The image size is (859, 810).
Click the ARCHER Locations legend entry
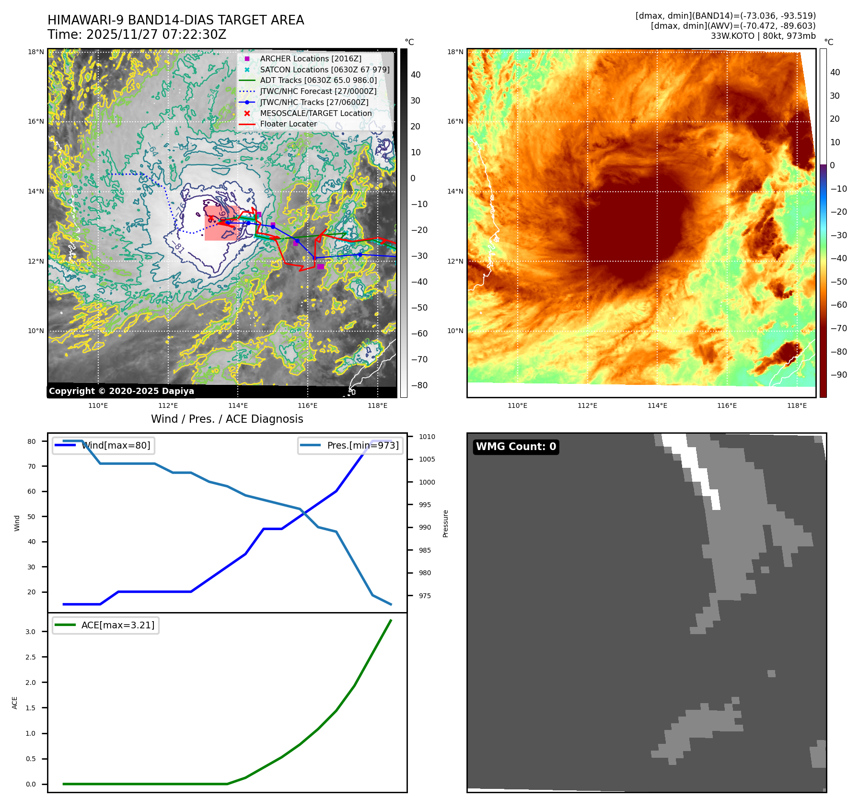pyautogui.click(x=311, y=58)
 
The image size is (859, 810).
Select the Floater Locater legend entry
pyautogui.click(x=289, y=124)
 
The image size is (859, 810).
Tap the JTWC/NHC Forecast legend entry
pyautogui.click(x=318, y=91)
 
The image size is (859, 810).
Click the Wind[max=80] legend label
pyautogui.click(x=116, y=445)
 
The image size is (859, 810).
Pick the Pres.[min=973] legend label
pyautogui.click(x=363, y=445)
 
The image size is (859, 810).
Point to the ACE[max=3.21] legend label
pyautogui.click(x=118, y=625)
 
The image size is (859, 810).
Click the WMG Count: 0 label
pyautogui.click(x=516, y=447)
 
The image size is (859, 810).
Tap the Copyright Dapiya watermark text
pyautogui.click(x=121, y=391)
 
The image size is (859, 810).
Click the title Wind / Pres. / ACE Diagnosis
pyautogui.click(x=227, y=419)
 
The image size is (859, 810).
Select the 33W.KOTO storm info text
pyautogui.click(x=763, y=36)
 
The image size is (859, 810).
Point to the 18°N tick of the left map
pyautogui.click(x=36, y=52)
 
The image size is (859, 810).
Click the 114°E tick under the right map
pyautogui.click(x=657, y=405)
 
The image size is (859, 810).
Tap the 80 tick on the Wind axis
pyautogui.click(x=32, y=441)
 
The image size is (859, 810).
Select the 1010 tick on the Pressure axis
pyautogui.click(x=427, y=437)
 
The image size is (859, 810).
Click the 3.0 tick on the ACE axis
pyautogui.click(x=31, y=632)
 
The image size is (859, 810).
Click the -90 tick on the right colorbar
pyautogui.click(x=838, y=375)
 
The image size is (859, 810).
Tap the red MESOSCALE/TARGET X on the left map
pyautogui.click(x=210, y=219)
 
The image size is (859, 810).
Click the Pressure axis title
pyautogui.click(x=446, y=523)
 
